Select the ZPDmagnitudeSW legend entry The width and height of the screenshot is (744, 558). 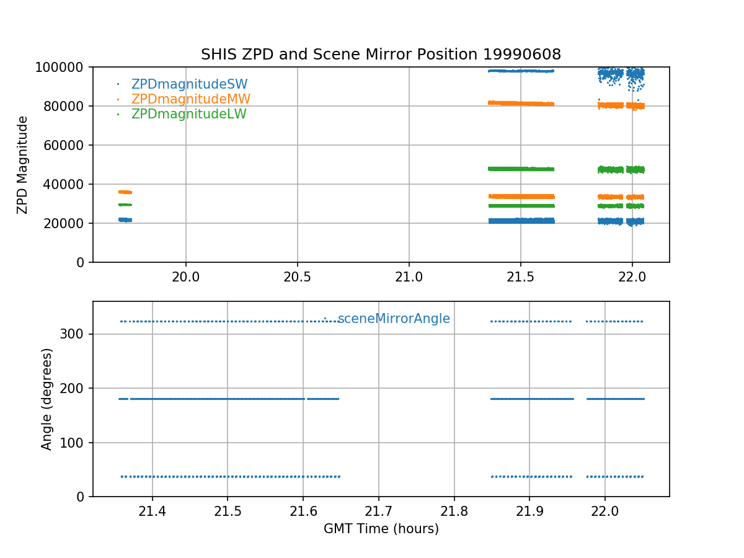coord(189,84)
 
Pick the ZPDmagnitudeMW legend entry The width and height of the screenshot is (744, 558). coord(190,99)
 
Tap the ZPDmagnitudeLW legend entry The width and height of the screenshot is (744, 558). coord(188,114)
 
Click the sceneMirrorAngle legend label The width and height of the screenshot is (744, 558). coord(394,319)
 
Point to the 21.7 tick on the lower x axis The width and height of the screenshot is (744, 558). coord(378,512)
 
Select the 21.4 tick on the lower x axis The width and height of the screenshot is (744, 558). coord(152,512)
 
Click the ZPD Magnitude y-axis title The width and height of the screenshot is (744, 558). coord(23,164)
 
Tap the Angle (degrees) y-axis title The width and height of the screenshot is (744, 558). coord(47,399)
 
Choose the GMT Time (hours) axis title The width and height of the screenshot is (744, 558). coord(381,529)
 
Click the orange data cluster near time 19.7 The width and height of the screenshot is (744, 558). coord(125,192)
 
